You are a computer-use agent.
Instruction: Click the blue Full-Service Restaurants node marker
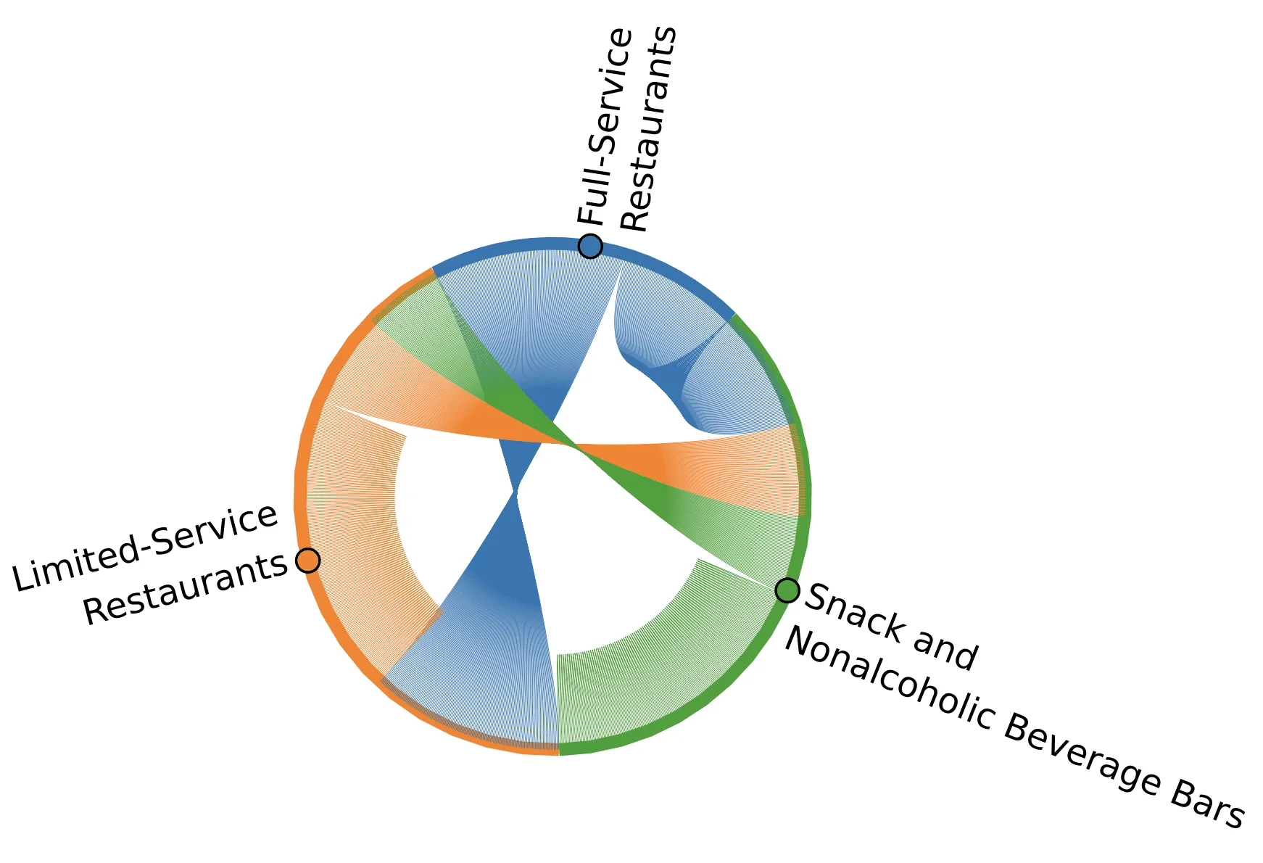coord(590,246)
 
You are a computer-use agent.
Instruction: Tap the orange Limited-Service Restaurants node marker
coord(307,560)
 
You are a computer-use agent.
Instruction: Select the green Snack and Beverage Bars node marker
coord(787,590)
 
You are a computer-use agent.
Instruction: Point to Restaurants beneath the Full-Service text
coord(649,131)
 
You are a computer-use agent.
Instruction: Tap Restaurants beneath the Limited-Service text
coord(186,589)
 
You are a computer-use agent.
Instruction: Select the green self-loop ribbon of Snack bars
coord(653,667)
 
